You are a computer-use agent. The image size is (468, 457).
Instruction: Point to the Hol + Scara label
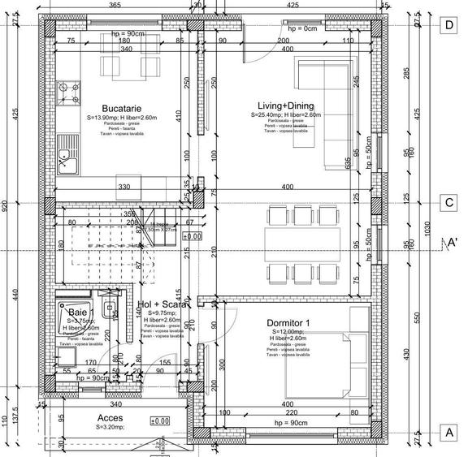(164, 304)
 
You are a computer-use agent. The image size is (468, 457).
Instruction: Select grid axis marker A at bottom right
(446, 433)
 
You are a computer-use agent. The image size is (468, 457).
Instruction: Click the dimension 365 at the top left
(115, 6)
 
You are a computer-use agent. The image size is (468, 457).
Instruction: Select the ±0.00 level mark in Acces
(159, 420)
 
